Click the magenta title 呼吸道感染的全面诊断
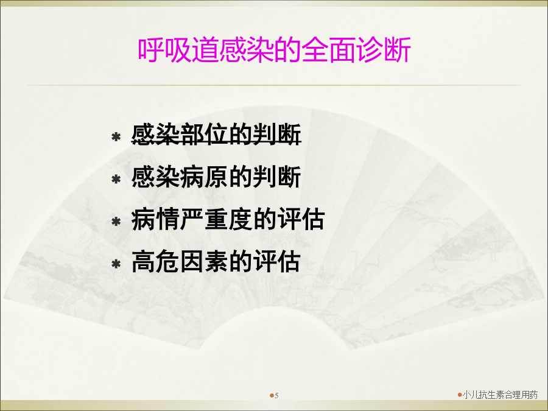pos(275,51)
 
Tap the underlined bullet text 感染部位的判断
pos(216,135)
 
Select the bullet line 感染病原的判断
pos(216,177)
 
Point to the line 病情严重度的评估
pos(228,219)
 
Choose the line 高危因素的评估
pos(216,262)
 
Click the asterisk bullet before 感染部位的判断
pos(116,136)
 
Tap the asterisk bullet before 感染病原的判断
pos(116,179)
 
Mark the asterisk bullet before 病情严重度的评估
pos(116,222)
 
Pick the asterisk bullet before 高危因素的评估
pos(116,264)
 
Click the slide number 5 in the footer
pos(277,396)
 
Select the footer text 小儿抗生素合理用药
pos(500,395)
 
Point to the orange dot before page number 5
pos(272,396)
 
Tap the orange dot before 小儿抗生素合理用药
pos(460,395)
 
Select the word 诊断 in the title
pos(384,51)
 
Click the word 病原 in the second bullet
pos(204,177)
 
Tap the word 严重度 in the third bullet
pos(216,219)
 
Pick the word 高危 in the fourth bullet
pos(155,262)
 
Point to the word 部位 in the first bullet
pos(204,135)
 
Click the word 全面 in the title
pos(329,51)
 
